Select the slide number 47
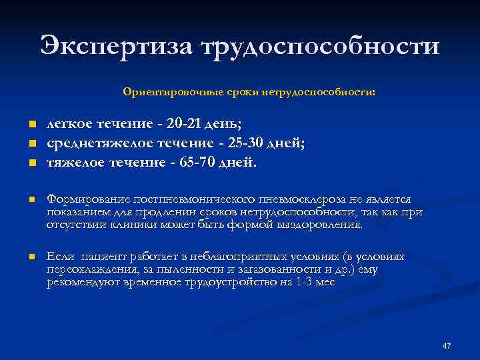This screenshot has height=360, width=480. pyautogui.click(x=447, y=346)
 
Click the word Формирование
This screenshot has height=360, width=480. pyautogui.click(x=88, y=199)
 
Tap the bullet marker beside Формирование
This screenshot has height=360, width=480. pyautogui.click(x=31, y=200)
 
